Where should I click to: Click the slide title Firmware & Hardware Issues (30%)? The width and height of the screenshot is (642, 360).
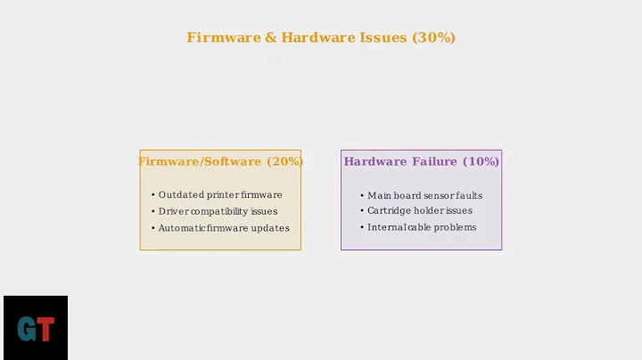tap(321, 37)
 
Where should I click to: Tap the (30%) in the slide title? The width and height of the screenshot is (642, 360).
tap(433, 37)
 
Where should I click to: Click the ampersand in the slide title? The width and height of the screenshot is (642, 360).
tap(270, 37)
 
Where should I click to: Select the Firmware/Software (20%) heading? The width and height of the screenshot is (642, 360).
tap(220, 161)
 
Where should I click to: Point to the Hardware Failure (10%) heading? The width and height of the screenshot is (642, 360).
tap(421, 161)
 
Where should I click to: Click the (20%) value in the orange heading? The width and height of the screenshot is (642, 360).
tap(284, 161)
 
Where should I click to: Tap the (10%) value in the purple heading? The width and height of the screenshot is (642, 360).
tap(481, 161)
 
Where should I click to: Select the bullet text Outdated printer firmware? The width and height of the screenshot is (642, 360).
tap(220, 195)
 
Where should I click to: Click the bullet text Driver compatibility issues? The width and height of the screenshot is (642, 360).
tap(218, 211)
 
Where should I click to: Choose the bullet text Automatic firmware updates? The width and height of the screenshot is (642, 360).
tap(224, 228)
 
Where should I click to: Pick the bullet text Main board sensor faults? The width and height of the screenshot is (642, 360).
tap(424, 195)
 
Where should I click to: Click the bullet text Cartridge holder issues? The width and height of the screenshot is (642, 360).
tap(419, 211)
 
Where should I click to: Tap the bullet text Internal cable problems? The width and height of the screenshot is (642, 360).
tap(422, 227)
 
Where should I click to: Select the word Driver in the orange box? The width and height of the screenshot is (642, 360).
tap(173, 211)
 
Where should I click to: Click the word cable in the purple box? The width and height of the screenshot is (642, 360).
tap(423, 227)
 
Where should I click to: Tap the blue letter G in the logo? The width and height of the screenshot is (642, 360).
tap(27, 330)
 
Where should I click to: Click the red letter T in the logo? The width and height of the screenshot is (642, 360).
tap(46, 330)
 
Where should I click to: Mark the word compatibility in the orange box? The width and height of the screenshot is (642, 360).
tap(220, 211)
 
